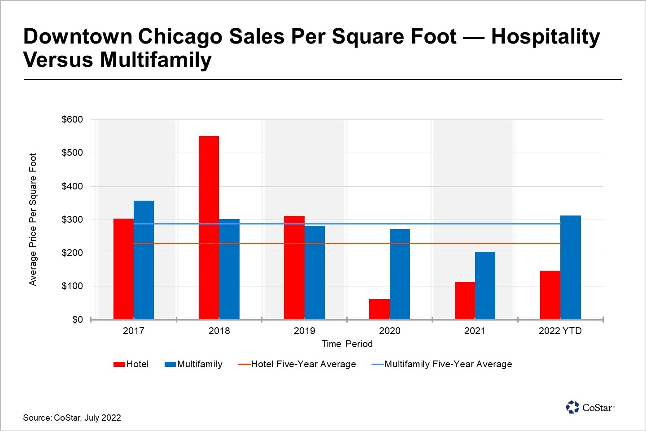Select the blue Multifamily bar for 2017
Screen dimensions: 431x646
point(144,260)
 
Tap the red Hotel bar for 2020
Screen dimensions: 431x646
point(379,309)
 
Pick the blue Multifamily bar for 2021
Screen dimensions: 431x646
point(485,286)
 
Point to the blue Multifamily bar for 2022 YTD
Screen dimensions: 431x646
point(570,268)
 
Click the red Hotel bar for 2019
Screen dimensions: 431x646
point(294,268)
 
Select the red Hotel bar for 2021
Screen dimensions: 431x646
point(465,301)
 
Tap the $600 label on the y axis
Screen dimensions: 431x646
point(72,119)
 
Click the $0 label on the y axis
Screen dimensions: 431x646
point(78,320)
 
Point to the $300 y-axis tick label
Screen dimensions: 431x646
point(72,220)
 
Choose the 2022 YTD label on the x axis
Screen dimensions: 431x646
point(560,331)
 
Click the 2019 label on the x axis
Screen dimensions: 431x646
point(304,331)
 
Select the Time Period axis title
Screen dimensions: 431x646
point(347,344)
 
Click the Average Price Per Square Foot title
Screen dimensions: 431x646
point(33,219)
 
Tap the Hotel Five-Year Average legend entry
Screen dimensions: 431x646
point(303,364)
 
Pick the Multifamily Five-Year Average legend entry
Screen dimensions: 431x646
point(448,364)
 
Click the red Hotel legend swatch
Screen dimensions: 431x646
point(119,365)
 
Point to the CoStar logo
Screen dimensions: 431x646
point(589,407)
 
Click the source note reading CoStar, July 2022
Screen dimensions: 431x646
point(72,418)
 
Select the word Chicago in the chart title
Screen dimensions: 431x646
point(180,37)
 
